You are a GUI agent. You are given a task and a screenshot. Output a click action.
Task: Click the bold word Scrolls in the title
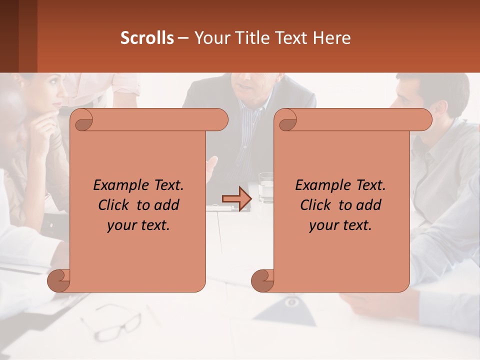click(x=147, y=38)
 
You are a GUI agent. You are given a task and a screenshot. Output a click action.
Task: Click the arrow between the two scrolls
click(x=236, y=199)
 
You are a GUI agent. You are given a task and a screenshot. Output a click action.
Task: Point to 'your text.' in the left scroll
click(x=138, y=225)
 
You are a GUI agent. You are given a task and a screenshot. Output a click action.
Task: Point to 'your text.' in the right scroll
click(x=340, y=225)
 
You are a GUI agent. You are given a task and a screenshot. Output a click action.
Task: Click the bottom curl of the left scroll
click(x=59, y=280)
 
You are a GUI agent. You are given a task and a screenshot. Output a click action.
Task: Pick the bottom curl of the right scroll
click(x=262, y=280)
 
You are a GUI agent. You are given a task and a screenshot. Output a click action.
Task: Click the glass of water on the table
click(x=266, y=187)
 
